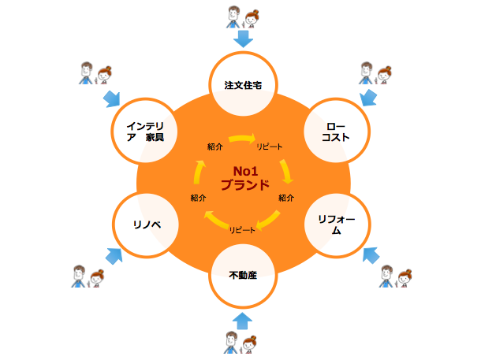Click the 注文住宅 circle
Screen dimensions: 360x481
coord(243,85)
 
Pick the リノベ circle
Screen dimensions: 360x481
coord(147,225)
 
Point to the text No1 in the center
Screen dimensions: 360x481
coord(246,171)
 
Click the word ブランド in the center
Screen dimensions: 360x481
coord(244,187)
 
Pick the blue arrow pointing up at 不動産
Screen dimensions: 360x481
coord(243,319)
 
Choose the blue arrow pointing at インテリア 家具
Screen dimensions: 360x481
coord(113,99)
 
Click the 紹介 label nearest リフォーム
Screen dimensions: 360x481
coord(286,198)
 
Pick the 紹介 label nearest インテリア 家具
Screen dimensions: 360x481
coord(214,147)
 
